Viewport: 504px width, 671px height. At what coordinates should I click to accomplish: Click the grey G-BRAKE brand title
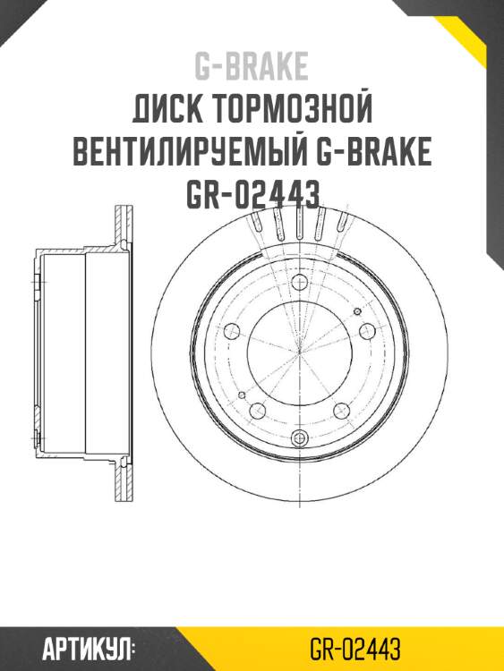[252, 66]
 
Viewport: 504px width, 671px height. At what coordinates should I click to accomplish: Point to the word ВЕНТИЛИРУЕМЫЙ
[188, 152]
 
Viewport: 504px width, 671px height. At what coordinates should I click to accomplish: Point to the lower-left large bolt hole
[258, 411]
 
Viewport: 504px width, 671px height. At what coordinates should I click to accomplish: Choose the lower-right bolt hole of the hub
[340, 411]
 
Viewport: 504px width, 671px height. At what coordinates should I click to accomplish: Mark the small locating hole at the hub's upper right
[358, 310]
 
